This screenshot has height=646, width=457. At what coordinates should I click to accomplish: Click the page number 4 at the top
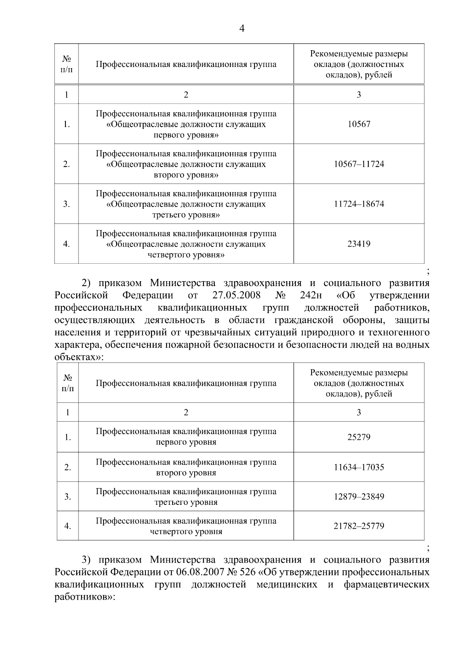pyautogui.click(x=241, y=29)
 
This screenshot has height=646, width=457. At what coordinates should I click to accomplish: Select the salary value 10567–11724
pyautogui.click(x=359, y=164)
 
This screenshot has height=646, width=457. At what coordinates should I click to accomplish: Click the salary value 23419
pyautogui.click(x=359, y=244)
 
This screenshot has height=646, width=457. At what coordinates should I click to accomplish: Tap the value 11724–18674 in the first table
pyautogui.click(x=359, y=204)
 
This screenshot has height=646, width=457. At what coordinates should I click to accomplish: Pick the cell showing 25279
pyautogui.click(x=359, y=437)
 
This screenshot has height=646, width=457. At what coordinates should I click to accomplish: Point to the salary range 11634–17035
pyautogui.click(x=359, y=467)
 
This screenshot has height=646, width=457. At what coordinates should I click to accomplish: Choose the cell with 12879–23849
pyautogui.click(x=359, y=496)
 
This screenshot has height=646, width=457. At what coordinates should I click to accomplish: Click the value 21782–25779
pyautogui.click(x=359, y=526)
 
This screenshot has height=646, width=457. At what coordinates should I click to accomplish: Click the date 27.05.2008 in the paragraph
pyautogui.click(x=236, y=296)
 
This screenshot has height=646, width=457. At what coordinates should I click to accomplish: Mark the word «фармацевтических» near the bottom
pyautogui.click(x=386, y=584)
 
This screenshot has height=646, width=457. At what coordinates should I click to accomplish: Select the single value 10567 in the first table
pyautogui.click(x=359, y=124)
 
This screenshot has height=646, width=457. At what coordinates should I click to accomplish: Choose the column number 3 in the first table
pyautogui.click(x=359, y=95)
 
